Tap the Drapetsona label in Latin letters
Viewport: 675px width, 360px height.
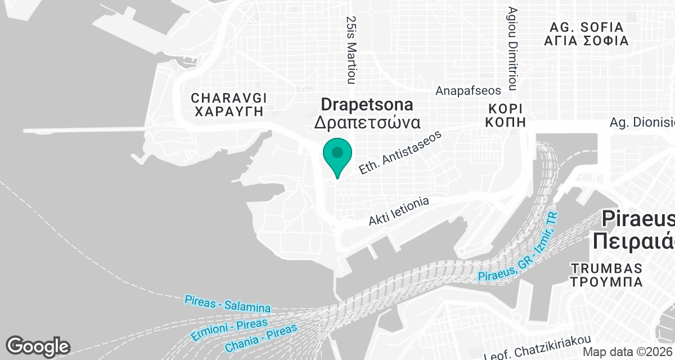coord(367,105)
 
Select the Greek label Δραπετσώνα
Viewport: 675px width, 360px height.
coord(367,123)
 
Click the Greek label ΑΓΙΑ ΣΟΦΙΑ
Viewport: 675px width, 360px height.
coord(586,41)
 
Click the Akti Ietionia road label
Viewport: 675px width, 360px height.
coord(399,211)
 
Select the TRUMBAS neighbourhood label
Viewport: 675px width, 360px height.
coord(605,267)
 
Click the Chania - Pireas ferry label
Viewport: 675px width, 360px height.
coord(260,339)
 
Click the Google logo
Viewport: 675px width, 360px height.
coord(38,346)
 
